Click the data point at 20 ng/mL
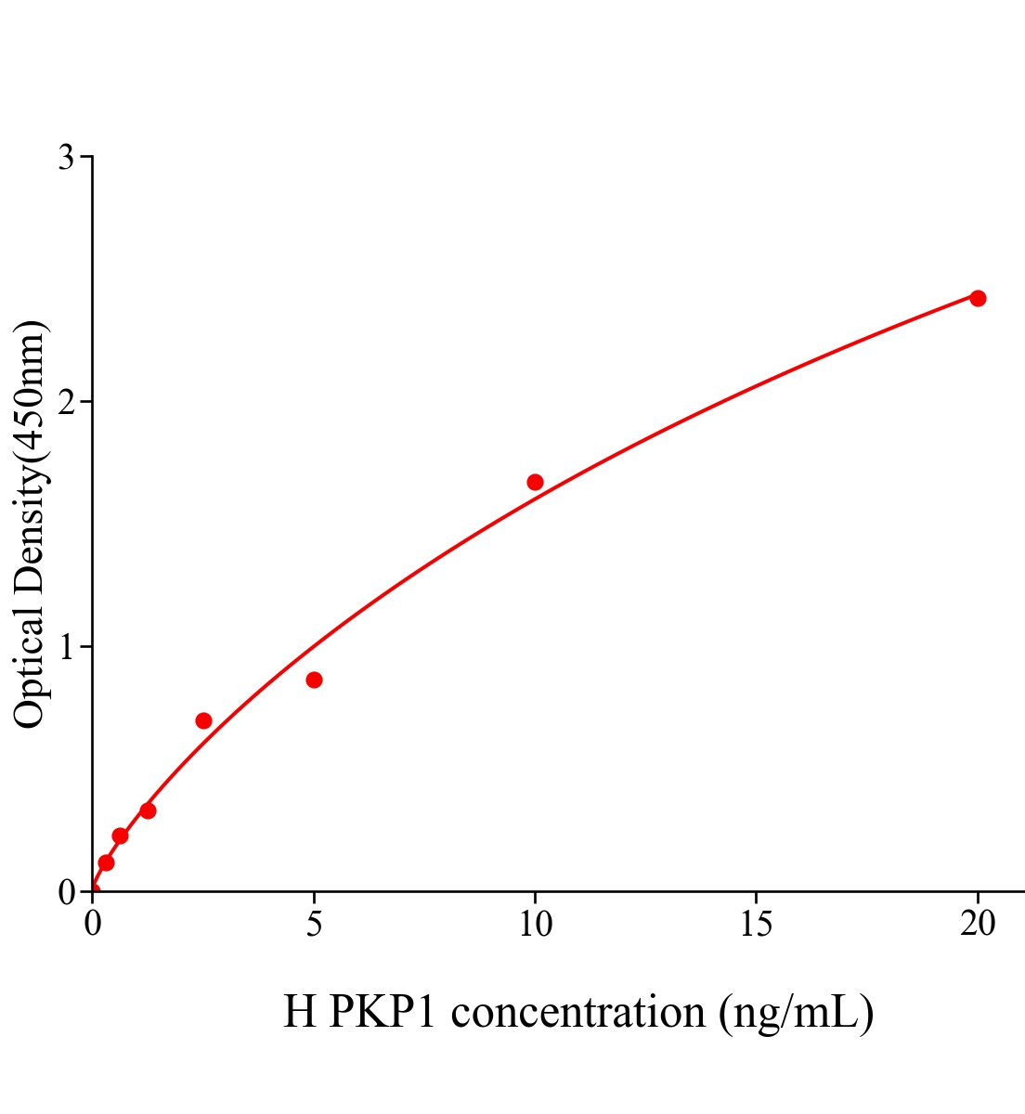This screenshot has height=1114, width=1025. click(x=977, y=298)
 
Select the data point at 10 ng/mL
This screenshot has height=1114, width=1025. click(x=535, y=482)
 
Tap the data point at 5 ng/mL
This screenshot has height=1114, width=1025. click(x=314, y=680)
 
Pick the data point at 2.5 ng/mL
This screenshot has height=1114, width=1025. click(x=203, y=720)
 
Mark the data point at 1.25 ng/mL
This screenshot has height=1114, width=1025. click(x=148, y=810)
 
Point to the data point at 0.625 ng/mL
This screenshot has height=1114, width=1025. click(x=120, y=835)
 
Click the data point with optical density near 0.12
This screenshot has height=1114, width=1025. click(x=106, y=862)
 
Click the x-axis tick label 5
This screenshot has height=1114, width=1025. click(x=314, y=924)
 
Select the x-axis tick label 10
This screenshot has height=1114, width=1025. click(x=535, y=924)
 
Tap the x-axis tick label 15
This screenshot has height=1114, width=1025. click(x=756, y=924)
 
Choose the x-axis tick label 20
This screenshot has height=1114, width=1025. click(x=977, y=924)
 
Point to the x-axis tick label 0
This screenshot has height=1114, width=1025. click(x=93, y=924)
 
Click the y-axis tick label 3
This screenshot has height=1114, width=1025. click(x=67, y=158)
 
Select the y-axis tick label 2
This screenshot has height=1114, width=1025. click(x=67, y=402)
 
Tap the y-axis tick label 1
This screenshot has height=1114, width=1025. click(x=67, y=647)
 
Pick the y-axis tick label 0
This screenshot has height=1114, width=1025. click(x=67, y=892)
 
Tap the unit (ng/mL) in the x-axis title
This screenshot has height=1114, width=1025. click(x=796, y=1011)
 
